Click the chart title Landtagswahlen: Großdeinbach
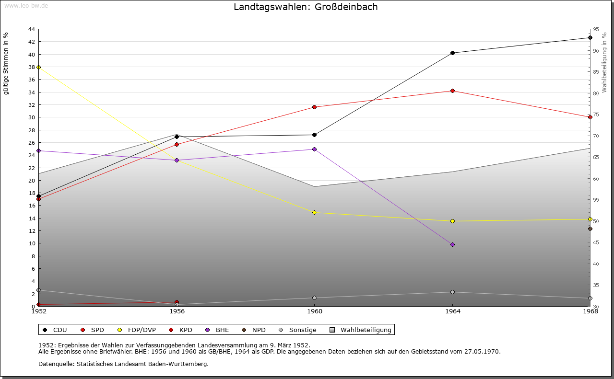point(306,7)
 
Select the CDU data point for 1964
point(452,53)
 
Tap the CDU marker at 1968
point(590,37)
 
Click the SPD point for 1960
point(314,107)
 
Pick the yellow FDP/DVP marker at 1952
point(38,67)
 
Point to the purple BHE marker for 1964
point(452,244)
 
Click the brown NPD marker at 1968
point(590,229)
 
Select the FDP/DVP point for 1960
point(314,212)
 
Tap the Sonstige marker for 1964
point(452,292)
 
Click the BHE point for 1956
point(177,160)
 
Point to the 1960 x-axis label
point(314,311)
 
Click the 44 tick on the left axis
point(31,29)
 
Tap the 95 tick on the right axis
point(595,29)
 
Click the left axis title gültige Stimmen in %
point(6,63)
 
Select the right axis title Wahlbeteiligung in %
point(604,62)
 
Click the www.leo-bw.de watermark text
point(25,5)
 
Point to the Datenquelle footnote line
point(123,364)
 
